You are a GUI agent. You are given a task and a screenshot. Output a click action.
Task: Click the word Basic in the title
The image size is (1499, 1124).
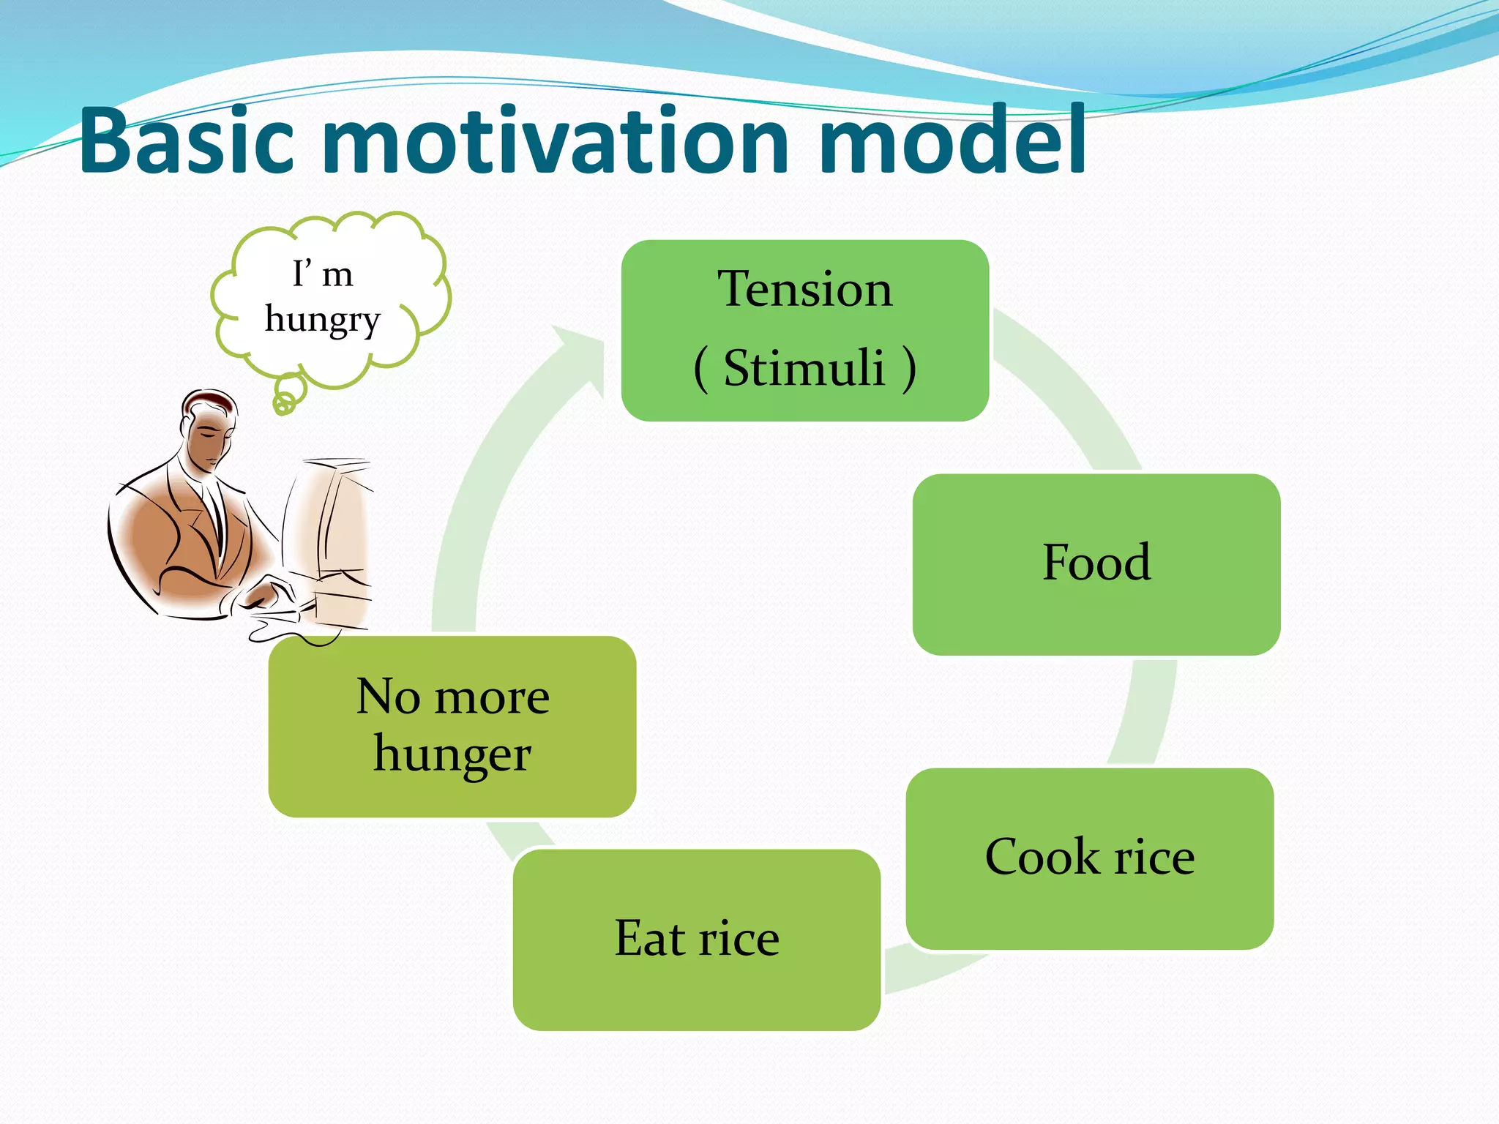click(187, 140)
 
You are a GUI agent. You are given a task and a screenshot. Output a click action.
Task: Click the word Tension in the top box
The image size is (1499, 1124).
click(805, 289)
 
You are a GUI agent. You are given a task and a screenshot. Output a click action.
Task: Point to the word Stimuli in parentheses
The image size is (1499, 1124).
click(805, 367)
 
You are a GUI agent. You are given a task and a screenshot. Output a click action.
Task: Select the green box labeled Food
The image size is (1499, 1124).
click(1096, 563)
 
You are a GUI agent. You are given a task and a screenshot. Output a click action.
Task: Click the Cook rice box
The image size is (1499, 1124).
click(1089, 858)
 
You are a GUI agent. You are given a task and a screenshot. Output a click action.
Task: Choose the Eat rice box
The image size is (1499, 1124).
click(696, 940)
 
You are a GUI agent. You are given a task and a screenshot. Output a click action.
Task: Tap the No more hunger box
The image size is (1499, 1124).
click(452, 726)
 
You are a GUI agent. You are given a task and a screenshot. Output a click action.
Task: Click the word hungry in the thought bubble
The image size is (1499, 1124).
click(323, 320)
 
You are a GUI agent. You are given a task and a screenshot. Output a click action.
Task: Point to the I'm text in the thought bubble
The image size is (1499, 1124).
click(323, 274)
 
